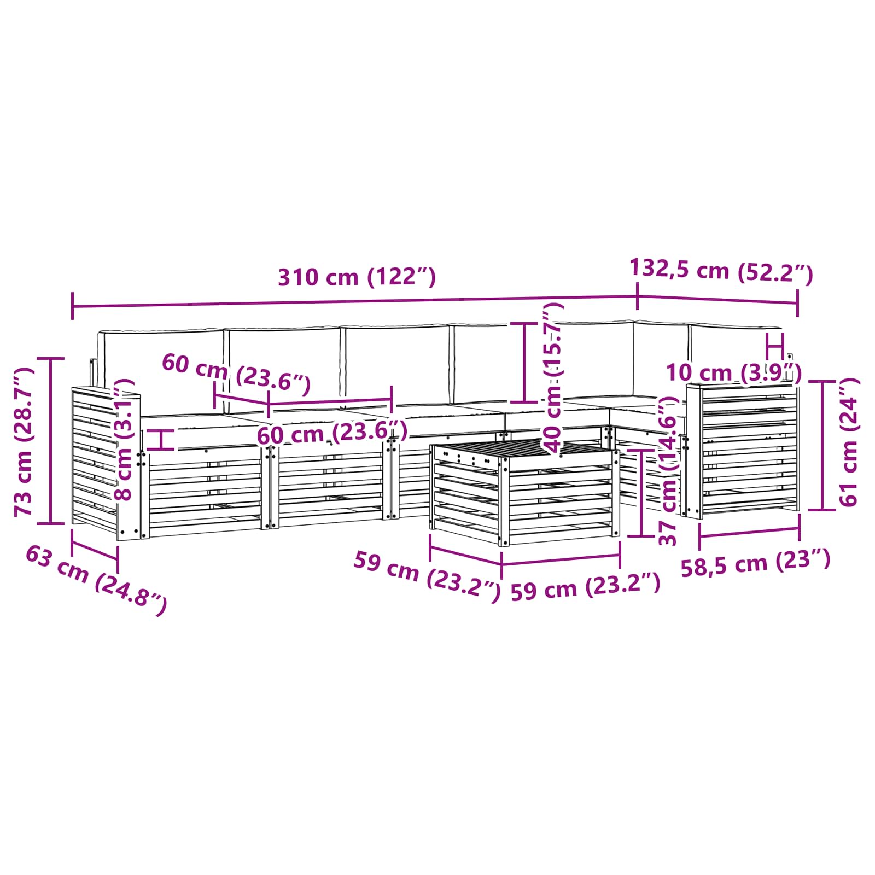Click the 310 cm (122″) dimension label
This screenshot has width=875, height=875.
coord(357,277)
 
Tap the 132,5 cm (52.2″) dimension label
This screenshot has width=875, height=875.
coord(721,271)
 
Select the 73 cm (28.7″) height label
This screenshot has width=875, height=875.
coord(25,442)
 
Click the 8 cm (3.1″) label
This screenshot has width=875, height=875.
coord(124,439)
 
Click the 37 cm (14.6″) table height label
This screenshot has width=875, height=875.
coord(668,472)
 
